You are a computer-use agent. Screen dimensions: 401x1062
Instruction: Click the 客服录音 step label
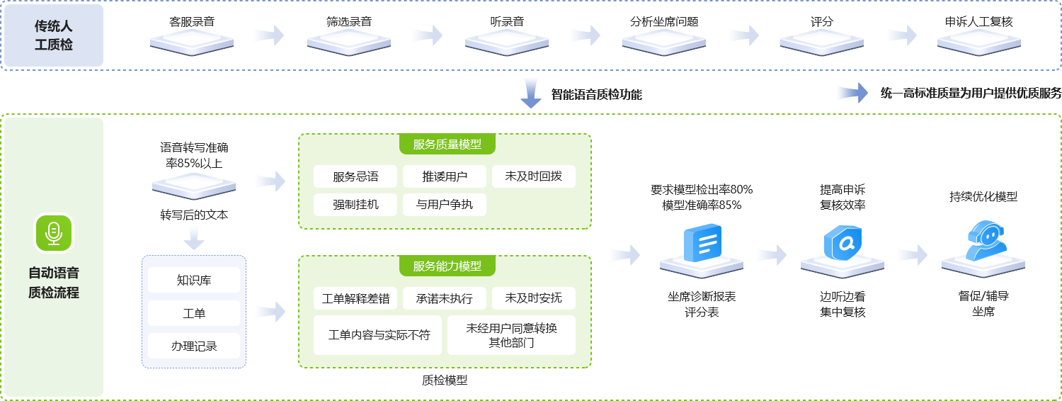tap(192, 21)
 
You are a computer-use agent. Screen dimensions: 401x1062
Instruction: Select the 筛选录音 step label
tap(349, 21)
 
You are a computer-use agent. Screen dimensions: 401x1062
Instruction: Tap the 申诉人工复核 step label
tap(978, 21)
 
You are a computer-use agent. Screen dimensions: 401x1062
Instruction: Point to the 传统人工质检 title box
tap(54, 35)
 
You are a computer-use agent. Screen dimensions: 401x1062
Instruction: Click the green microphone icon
tap(54, 233)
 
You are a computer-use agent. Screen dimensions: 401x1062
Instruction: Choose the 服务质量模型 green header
tap(447, 145)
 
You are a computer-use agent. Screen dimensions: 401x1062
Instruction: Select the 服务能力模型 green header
tap(447, 266)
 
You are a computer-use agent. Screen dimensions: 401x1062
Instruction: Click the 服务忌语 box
tap(356, 176)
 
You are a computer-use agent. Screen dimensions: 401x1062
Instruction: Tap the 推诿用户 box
tap(445, 176)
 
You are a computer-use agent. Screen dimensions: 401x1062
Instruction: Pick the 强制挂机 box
tap(356, 205)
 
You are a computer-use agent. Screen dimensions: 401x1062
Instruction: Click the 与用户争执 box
tap(445, 205)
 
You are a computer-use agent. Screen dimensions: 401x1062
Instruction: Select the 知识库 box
tap(194, 280)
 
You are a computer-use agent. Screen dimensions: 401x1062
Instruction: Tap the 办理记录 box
tap(194, 346)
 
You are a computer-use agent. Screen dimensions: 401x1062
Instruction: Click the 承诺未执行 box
tap(445, 298)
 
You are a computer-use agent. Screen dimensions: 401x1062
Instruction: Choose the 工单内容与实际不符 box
tap(379, 335)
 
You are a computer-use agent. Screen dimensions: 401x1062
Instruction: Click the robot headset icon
tap(983, 241)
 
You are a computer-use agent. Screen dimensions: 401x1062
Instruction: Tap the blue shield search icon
tap(843, 243)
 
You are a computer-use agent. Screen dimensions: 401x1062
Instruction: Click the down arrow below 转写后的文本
tap(194, 242)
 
